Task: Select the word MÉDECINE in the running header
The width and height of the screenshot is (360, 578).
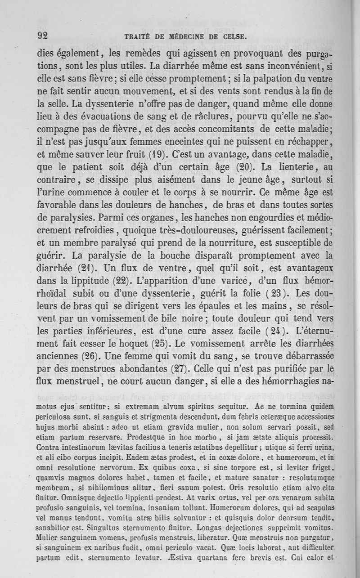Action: pos(179,37)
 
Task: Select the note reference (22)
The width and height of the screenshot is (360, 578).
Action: pos(119,282)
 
